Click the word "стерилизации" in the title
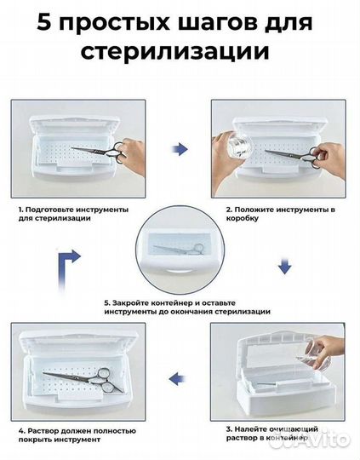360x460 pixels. click(x=180, y=53)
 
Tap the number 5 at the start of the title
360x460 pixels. click(x=42, y=20)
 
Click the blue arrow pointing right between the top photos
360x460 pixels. click(x=179, y=149)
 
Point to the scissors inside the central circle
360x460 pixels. click(x=180, y=252)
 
